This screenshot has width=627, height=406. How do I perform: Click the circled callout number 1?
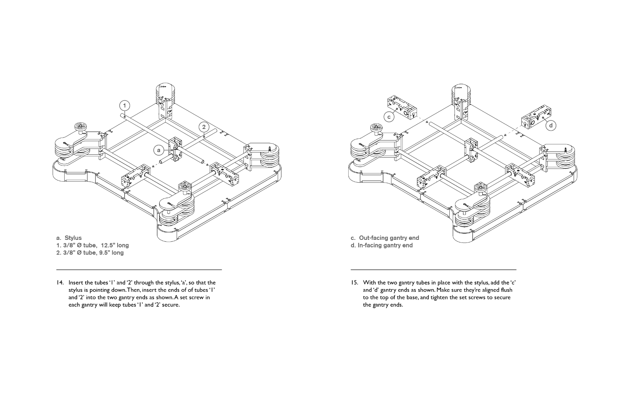pyautogui.click(x=125, y=105)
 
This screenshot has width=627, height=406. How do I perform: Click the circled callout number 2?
pyautogui.click(x=204, y=127)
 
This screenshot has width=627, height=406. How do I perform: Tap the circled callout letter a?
pyautogui.click(x=159, y=150)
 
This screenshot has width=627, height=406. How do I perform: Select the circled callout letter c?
pyautogui.click(x=389, y=117)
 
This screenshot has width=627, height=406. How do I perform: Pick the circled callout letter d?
pyautogui.click(x=551, y=125)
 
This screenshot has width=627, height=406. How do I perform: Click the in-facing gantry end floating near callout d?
pyautogui.click(x=536, y=117)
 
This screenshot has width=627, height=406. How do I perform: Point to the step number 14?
pyautogui.click(x=60, y=283)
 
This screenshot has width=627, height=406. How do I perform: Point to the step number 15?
pyautogui.click(x=354, y=283)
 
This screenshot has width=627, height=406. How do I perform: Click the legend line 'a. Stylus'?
pyautogui.click(x=69, y=238)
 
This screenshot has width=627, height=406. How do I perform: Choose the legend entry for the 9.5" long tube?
pyautogui.click(x=90, y=253)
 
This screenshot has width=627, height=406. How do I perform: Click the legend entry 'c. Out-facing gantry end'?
pyautogui.click(x=385, y=238)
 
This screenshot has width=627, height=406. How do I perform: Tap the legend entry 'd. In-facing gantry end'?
pyautogui.click(x=382, y=245)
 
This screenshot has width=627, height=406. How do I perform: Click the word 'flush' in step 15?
pyautogui.click(x=505, y=290)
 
